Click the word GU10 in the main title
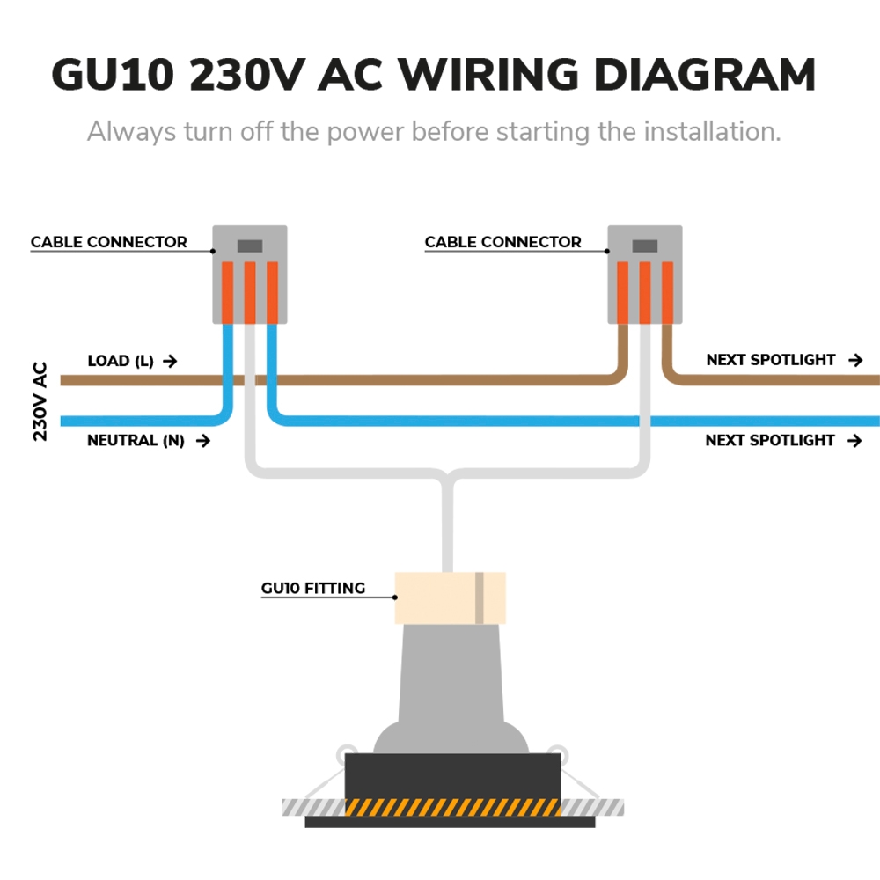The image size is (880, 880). [x=112, y=76]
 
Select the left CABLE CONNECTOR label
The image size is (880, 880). [x=109, y=242]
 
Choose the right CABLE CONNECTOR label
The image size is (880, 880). [x=502, y=242]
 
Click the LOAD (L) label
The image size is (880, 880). [x=121, y=361]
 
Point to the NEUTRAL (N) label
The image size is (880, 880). [x=136, y=440]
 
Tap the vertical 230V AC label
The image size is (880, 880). [x=40, y=401]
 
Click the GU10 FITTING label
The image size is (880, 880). [x=313, y=588]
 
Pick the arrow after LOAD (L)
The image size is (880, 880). [x=170, y=361]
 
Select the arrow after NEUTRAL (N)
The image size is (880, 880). [x=202, y=440]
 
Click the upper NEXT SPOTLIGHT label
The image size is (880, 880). [x=771, y=360]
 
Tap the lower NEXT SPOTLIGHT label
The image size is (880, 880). [x=770, y=440]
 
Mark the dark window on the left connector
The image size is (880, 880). [x=250, y=246]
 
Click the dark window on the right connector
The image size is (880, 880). [x=645, y=246]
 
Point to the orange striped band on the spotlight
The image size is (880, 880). [x=452, y=807]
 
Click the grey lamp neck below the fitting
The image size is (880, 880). [x=450, y=669]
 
